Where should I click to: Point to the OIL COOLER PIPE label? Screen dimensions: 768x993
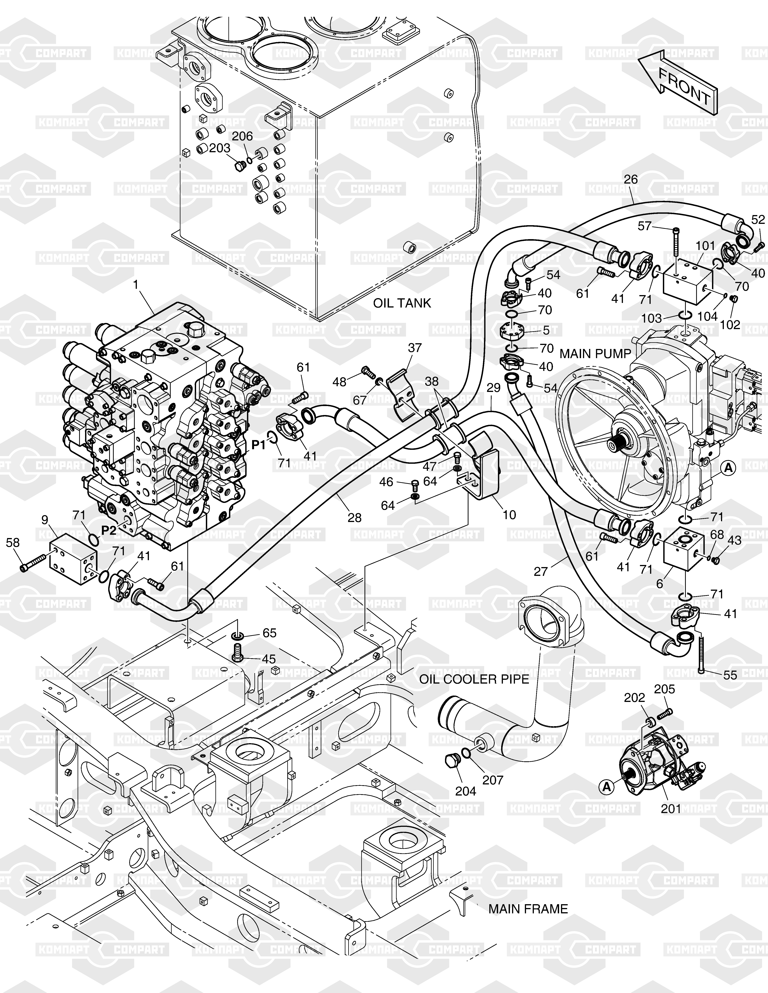click(x=474, y=692)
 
